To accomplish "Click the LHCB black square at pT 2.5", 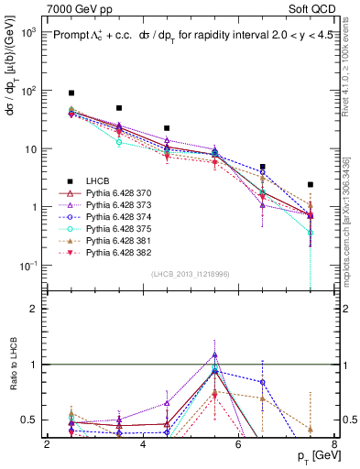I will [x=71, y=93].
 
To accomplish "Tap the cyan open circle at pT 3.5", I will [x=119, y=143].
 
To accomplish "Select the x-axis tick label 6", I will [x=238, y=445].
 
